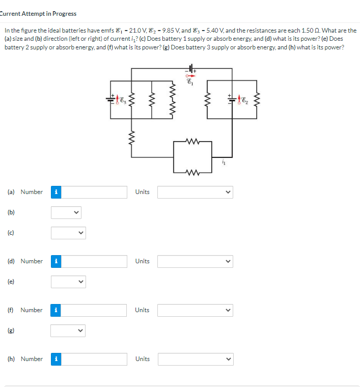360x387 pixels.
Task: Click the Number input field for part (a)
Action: pyautogui.click(x=95, y=192)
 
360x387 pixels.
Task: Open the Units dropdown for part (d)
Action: pyautogui.click(x=195, y=261)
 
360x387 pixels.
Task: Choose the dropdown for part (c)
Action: pyautogui.click(x=68, y=233)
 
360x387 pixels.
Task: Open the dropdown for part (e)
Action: pyautogui.click(x=68, y=282)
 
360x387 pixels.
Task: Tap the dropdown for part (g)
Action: pyautogui.click(x=68, y=330)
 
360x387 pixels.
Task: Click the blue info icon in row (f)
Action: pyautogui.click(x=57, y=310)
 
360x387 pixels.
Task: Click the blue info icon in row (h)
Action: pyautogui.click(x=57, y=359)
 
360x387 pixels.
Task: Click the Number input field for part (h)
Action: pyautogui.click(x=95, y=359)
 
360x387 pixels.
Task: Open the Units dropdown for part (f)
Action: pyautogui.click(x=195, y=310)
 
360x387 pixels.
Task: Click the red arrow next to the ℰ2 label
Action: pyautogui.click(x=240, y=98)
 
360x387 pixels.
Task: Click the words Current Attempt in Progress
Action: pyautogui.click(x=38, y=14)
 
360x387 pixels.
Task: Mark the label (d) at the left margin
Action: pyautogui.click(x=11, y=261)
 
